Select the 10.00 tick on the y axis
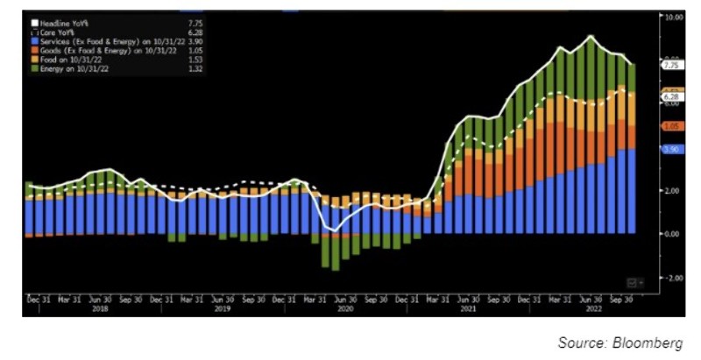click(x=674, y=17)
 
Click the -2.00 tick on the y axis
click(x=674, y=278)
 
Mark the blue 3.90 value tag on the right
click(x=673, y=150)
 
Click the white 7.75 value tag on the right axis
click(x=673, y=65)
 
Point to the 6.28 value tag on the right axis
click(x=673, y=96)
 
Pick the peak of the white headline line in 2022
click(x=591, y=36)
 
